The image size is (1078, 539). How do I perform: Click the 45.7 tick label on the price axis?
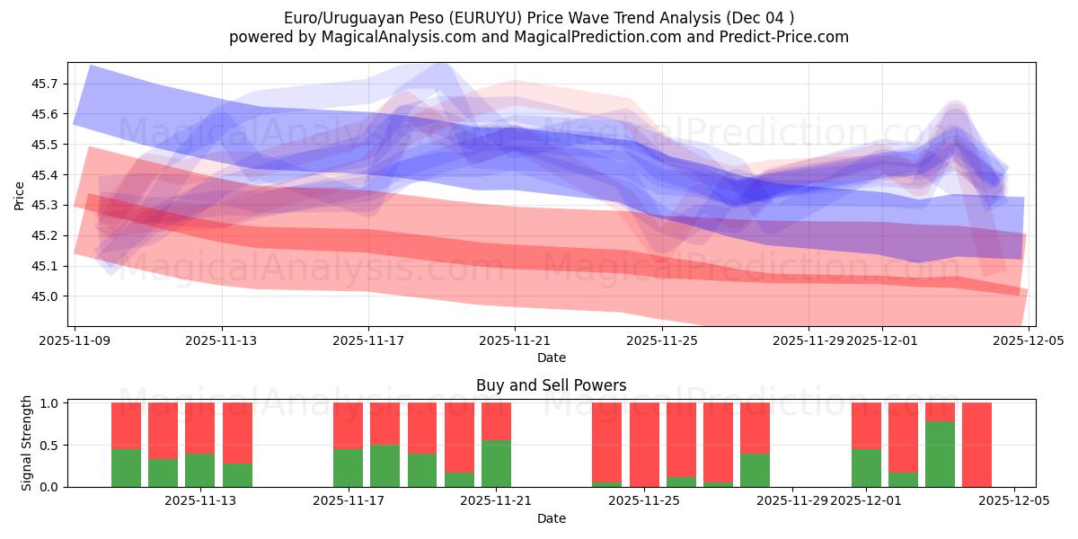[x=45, y=84]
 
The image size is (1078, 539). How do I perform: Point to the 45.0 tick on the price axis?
[x=45, y=296]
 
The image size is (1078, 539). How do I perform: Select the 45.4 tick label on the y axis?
[x=45, y=175]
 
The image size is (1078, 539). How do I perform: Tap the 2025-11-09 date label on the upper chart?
[x=75, y=341]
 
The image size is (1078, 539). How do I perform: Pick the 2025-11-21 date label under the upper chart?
[x=515, y=341]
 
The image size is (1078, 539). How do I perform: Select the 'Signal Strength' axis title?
[x=27, y=443]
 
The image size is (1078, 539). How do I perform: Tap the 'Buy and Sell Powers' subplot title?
[x=551, y=385]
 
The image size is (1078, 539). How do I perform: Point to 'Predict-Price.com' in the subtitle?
[x=788, y=37]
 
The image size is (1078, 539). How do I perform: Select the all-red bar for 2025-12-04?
[x=976, y=445]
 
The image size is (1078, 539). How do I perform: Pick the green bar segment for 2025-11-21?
[x=496, y=464]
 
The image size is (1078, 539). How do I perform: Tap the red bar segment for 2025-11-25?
[x=644, y=444]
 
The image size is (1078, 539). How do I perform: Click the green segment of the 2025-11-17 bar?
[x=348, y=468]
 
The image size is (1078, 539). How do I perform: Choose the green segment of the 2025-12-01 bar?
[x=866, y=468]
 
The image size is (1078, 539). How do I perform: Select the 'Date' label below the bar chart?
[x=551, y=518]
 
